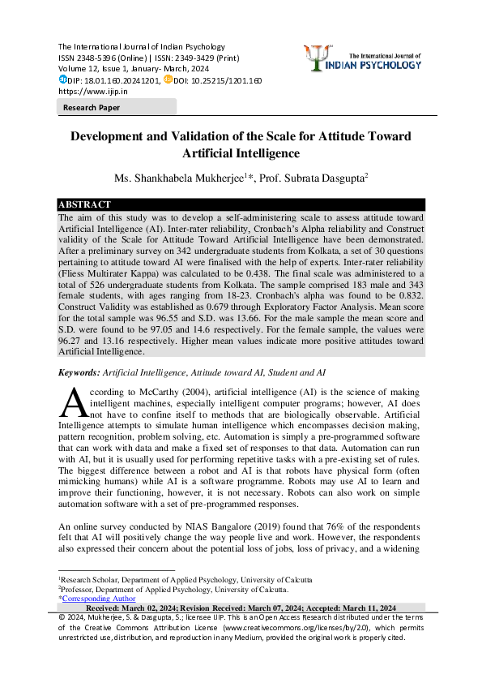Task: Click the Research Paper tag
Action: click(x=92, y=107)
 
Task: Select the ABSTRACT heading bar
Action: click(x=241, y=204)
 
